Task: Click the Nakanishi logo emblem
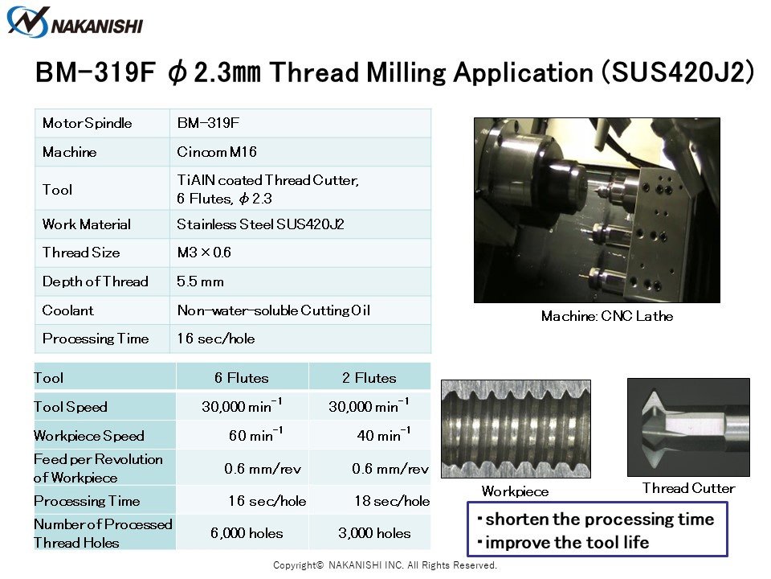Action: pos(28,22)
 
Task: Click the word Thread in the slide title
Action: pos(314,72)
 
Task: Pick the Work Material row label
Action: pos(87,224)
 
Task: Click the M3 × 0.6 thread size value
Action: pos(204,253)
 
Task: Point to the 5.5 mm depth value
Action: pos(200,281)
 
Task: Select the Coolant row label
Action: pos(67,310)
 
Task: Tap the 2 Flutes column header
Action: pos(369,378)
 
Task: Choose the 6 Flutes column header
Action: pos(242,378)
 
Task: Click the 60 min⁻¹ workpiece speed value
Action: pos(255,434)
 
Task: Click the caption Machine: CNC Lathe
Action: pos(607,316)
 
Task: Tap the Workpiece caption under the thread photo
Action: pos(515,491)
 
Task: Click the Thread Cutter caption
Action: pos(688,488)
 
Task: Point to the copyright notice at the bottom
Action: pos(385,565)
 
